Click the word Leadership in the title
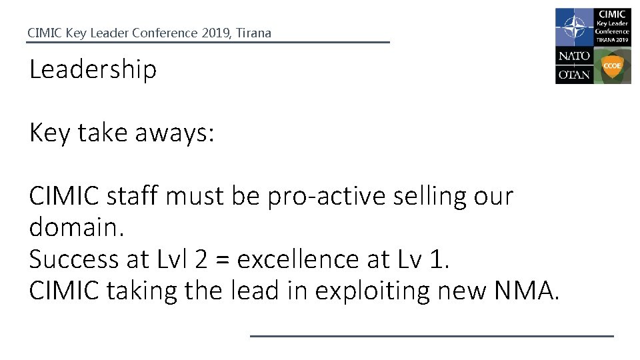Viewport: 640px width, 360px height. point(93,70)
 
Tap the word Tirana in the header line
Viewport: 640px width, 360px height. point(253,33)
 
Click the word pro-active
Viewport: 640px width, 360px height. point(323,197)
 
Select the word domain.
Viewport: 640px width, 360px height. point(77,227)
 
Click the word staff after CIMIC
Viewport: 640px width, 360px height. point(129,197)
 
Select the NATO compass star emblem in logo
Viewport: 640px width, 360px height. point(573,27)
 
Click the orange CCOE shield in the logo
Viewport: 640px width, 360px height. point(612,66)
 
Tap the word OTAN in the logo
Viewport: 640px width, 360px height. point(573,74)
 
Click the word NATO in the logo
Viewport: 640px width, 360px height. point(573,57)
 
